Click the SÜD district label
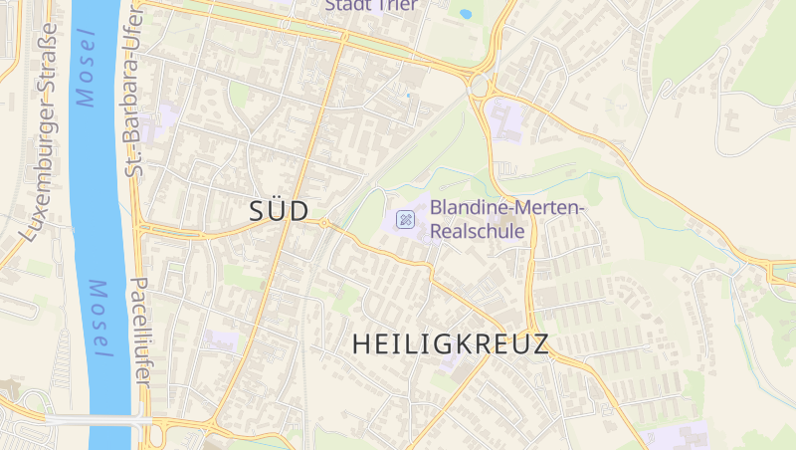(278, 210)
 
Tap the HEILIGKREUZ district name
(451, 344)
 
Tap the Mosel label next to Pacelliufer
(99, 319)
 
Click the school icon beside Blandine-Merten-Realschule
(405, 219)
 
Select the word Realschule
(478, 231)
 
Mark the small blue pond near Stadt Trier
(465, 15)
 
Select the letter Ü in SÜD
(278, 210)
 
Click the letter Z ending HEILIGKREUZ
(539, 344)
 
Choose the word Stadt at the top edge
(347, 5)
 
